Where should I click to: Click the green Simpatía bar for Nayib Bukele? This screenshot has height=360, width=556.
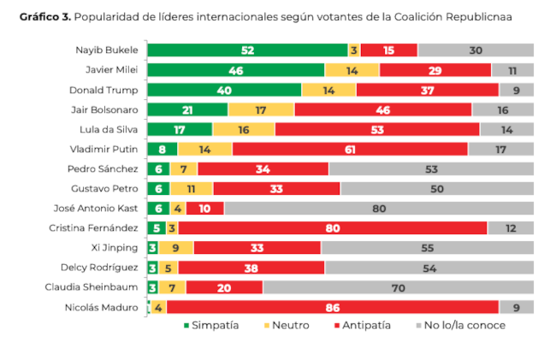click(x=247, y=50)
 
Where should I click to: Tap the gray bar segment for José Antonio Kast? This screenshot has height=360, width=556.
click(x=378, y=209)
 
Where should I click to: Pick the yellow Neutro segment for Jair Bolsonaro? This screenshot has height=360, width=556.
click(x=261, y=109)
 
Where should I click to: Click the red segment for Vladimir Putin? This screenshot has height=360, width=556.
click(x=350, y=149)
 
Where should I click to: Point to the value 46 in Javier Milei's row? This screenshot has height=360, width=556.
click(x=235, y=70)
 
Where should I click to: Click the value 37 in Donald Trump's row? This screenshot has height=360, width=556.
click(x=427, y=90)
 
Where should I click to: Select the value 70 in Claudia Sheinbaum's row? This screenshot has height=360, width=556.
click(x=398, y=287)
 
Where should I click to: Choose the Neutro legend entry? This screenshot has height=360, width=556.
click(x=286, y=326)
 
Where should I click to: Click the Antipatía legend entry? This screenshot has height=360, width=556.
click(x=364, y=326)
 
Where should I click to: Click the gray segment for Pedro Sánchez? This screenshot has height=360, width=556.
click(x=431, y=168)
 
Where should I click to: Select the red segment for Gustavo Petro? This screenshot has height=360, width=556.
click(x=276, y=188)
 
